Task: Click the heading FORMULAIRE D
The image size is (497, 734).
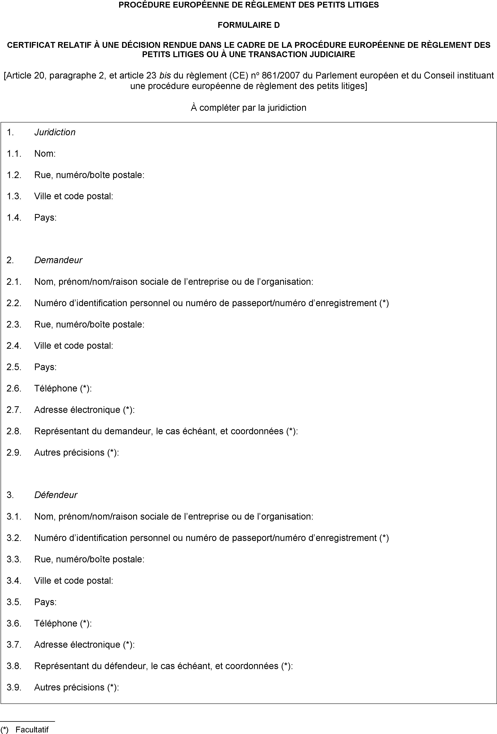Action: (x=248, y=25)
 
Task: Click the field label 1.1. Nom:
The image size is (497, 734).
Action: (x=45, y=154)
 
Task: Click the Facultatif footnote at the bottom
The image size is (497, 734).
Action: (x=32, y=729)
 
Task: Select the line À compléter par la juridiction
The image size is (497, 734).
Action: (x=248, y=108)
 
